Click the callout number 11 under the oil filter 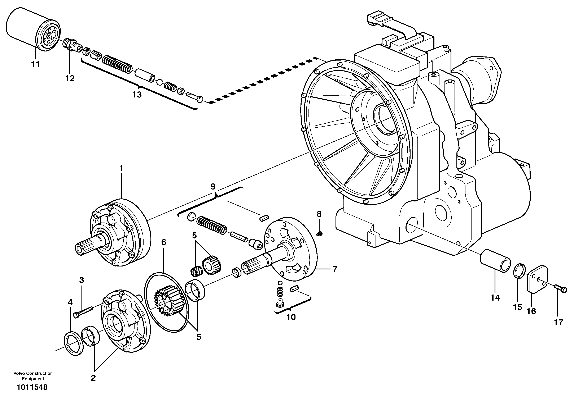[35, 64]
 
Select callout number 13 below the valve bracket [137, 95]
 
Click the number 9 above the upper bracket [213, 187]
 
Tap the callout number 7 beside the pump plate [335, 269]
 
